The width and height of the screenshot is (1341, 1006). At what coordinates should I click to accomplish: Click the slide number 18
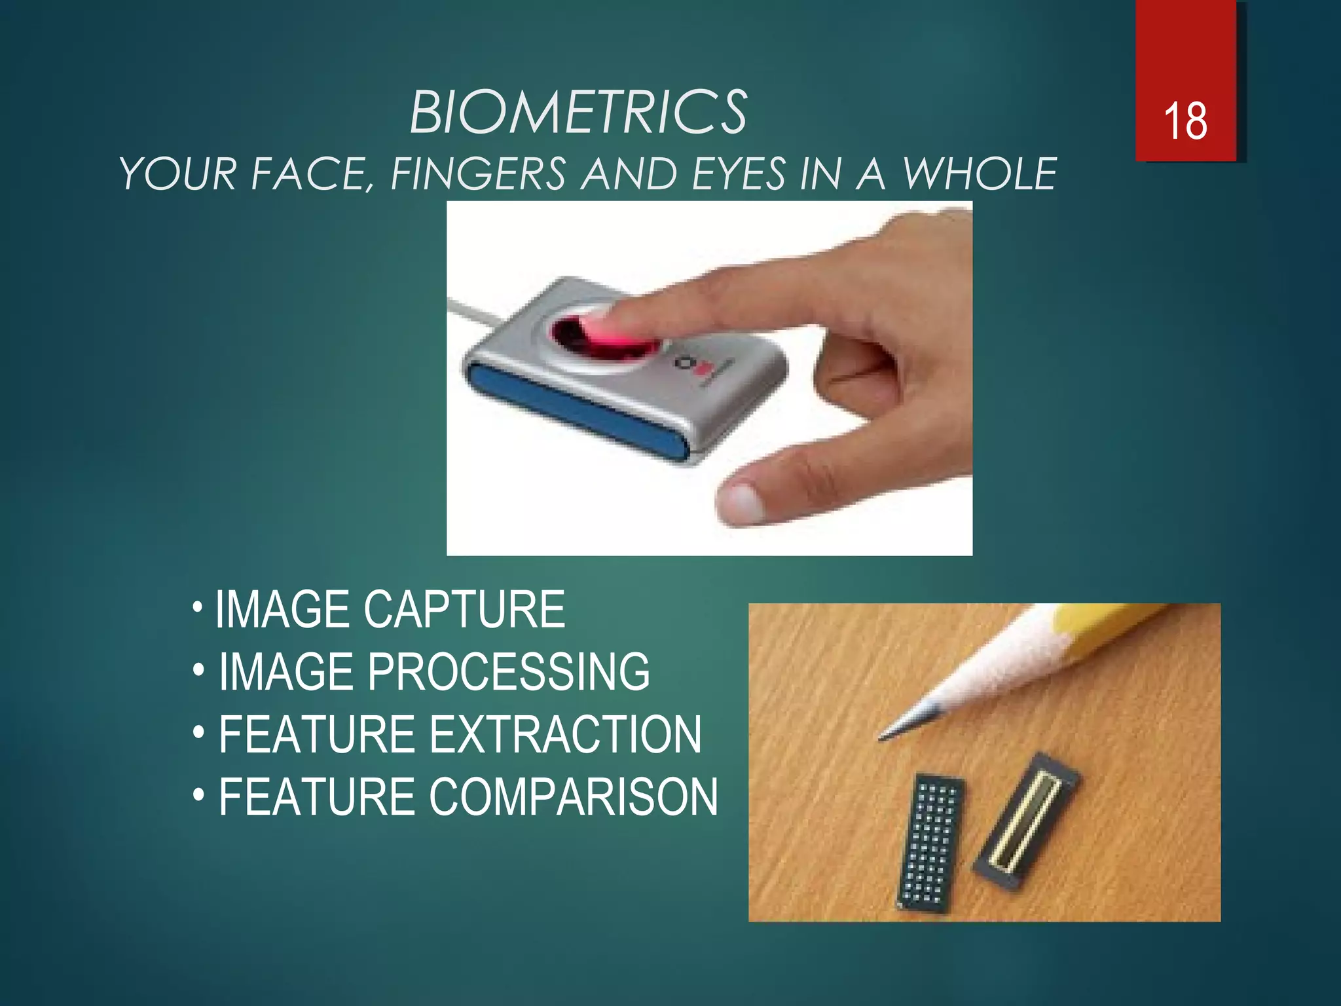click(1185, 121)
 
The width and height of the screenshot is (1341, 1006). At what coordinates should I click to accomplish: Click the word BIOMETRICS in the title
click(578, 113)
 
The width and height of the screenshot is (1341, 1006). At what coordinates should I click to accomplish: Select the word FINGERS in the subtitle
click(478, 174)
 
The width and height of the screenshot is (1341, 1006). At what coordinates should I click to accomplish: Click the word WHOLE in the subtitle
click(980, 174)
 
